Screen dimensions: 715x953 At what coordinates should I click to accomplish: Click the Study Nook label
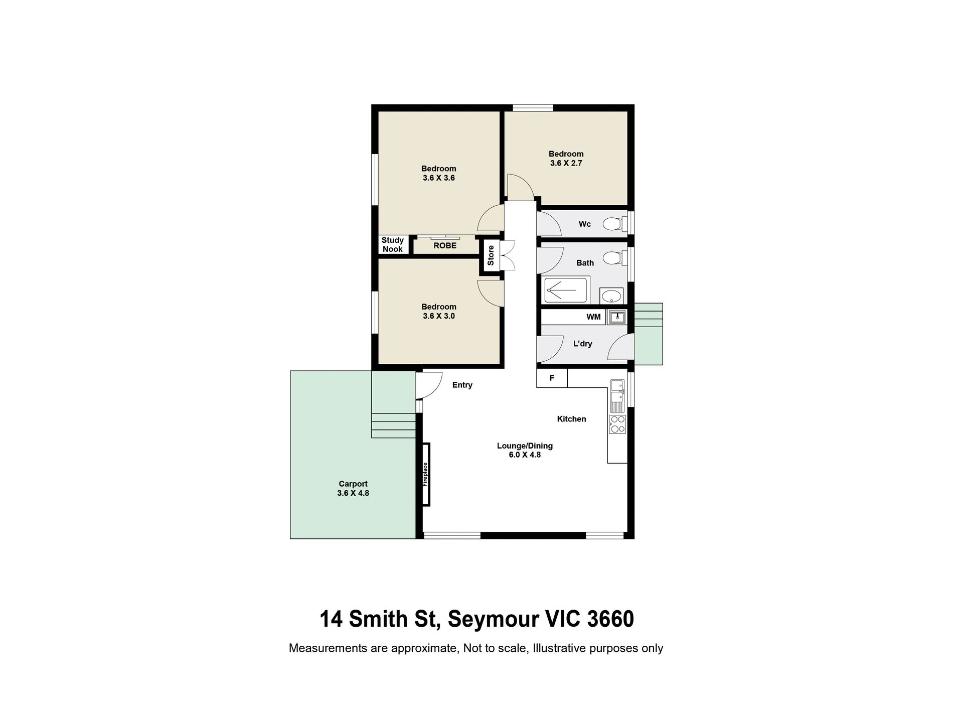coord(392,245)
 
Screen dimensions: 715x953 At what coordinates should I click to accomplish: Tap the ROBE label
coord(445,246)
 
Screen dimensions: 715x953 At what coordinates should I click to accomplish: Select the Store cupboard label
coord(491,255)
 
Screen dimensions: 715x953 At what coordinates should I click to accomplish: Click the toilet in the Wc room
coord(613,223)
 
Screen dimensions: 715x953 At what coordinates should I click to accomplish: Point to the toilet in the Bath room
coord(613,258)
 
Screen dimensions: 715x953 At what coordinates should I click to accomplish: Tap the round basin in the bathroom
coord(611,296)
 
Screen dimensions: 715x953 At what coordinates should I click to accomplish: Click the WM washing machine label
coord(593,317)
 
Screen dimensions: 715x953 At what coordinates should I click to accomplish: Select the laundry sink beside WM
coord(617,317)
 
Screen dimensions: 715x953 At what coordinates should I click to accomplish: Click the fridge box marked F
coord(552,378)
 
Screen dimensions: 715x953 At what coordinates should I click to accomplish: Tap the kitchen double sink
coord(617,393)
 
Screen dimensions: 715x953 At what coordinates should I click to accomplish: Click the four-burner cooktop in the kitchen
coord(617,424)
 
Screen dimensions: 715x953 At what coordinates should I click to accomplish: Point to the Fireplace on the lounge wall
coord(426,474)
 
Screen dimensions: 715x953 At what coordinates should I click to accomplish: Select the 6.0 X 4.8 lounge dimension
coord(525,455)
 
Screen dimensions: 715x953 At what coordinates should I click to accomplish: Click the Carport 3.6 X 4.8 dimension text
coord(353,493)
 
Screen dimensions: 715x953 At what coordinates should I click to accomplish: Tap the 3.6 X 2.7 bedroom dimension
coord(566,163)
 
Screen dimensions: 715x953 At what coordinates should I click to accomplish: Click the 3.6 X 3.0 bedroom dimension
coord(438,316)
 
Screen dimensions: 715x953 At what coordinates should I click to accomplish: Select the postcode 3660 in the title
coord(610,620)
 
